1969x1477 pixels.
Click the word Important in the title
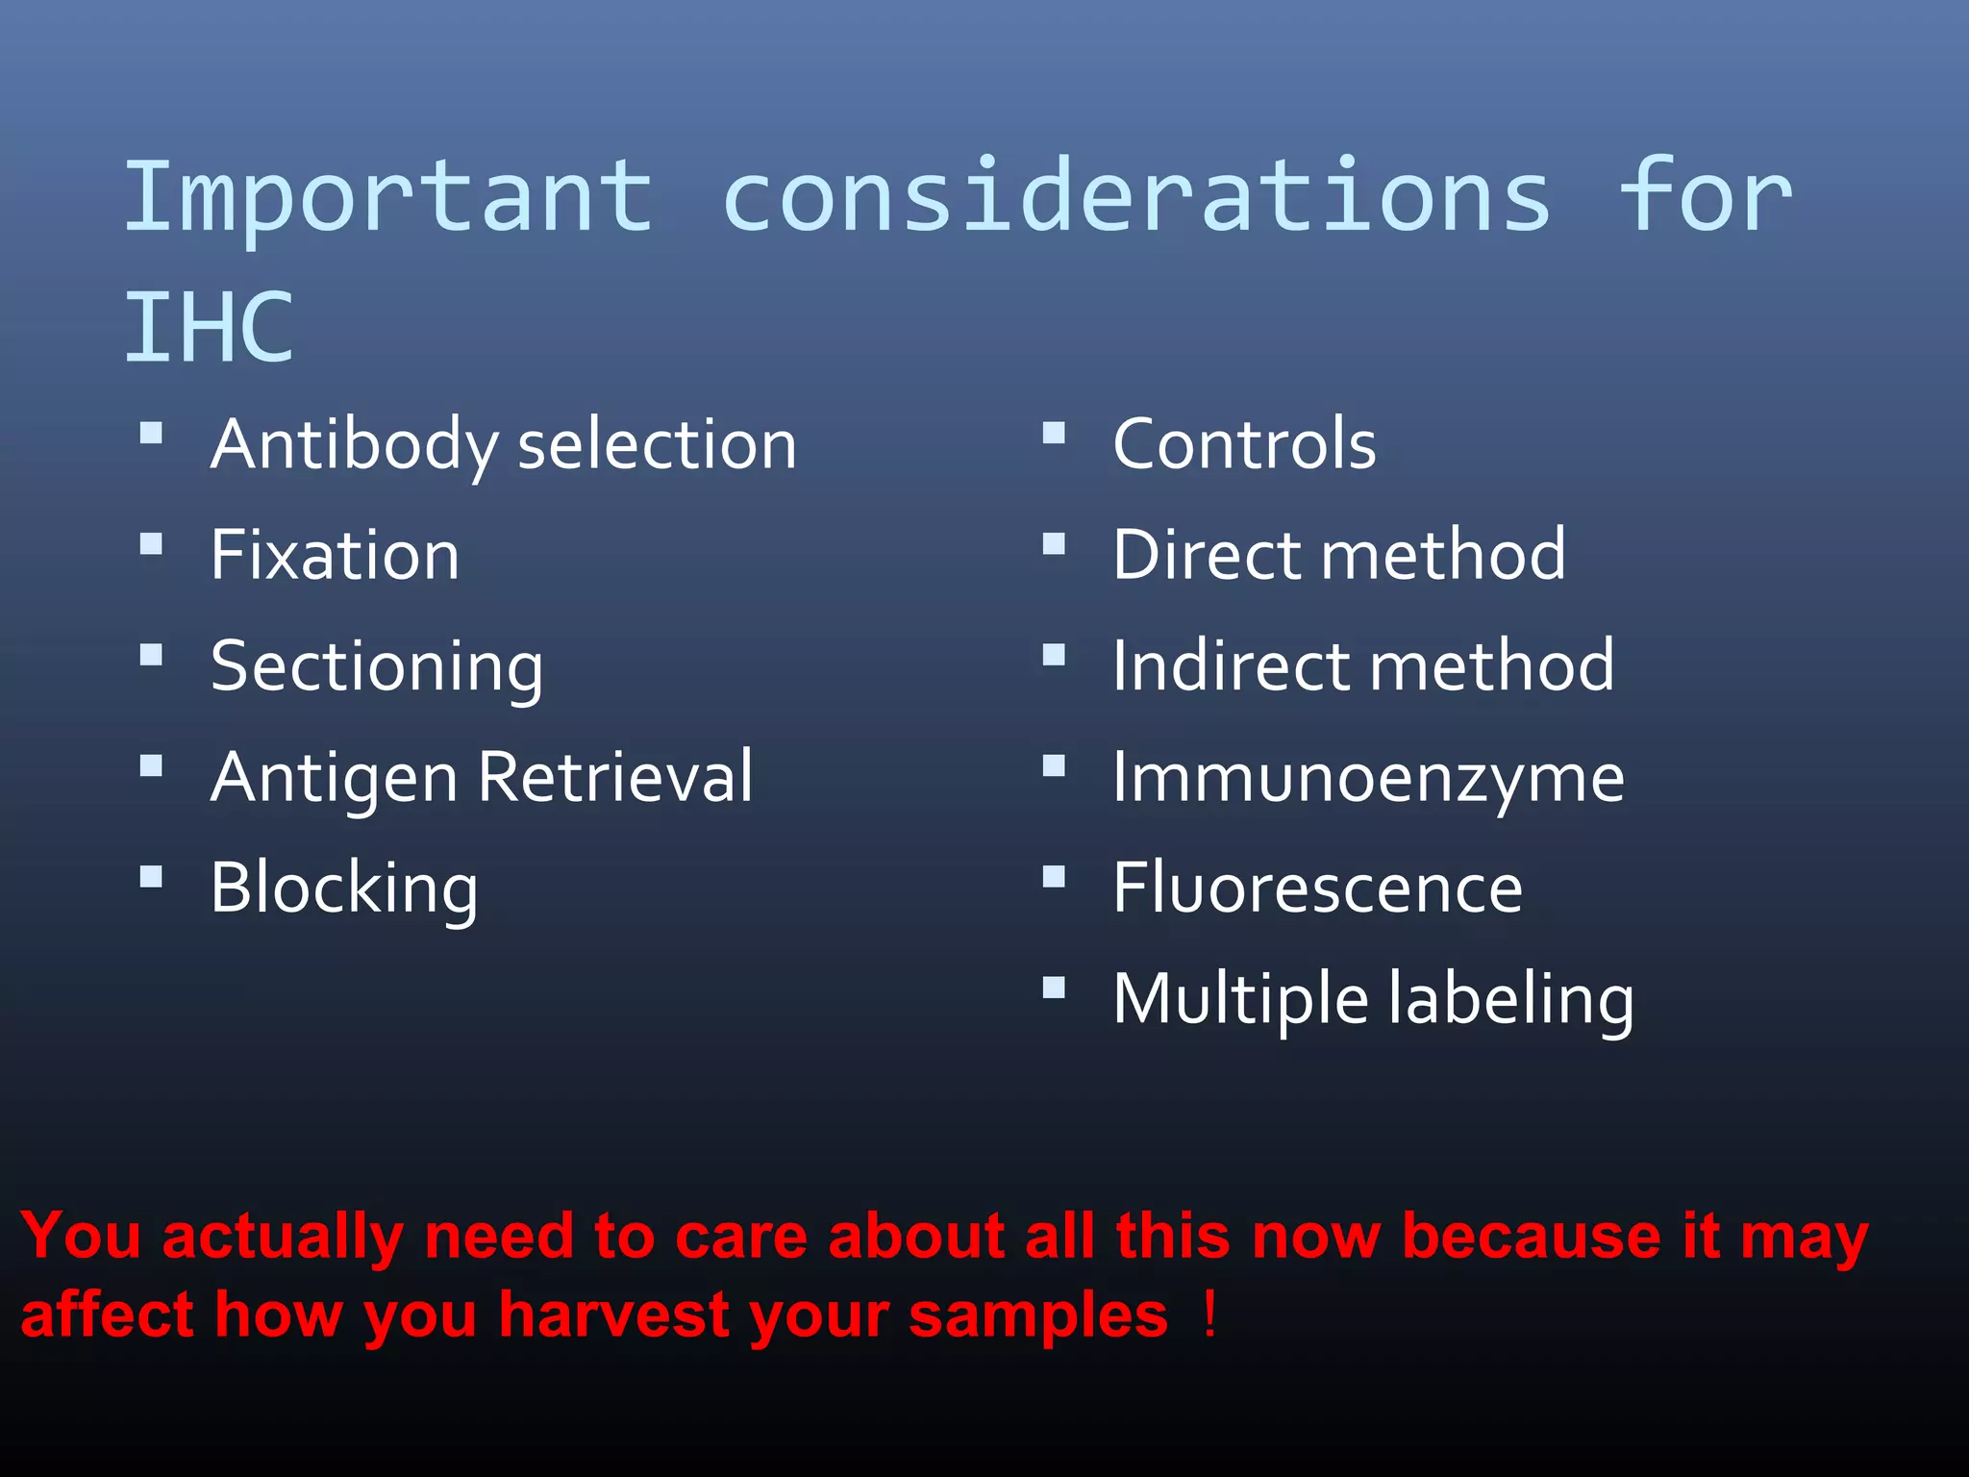pyautogui.click(x=388, y=199)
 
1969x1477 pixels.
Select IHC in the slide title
pyautogui.click(x=209, y=328)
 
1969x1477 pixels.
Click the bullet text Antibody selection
pyautogui.click(x=503, y=445)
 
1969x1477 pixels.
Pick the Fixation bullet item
pyautogui.click(x=335, y=556)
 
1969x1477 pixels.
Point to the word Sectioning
pyautogui.click(x=376, y=667)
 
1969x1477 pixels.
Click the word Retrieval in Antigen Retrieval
pyautogui.click(x=615, y=777)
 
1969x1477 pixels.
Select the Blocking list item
pyautogui.click(x=343, y=889)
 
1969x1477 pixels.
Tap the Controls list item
pyautogui.click(x=1244, y=445)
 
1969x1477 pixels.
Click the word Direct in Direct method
pyautogui.click(x=1208, y=556)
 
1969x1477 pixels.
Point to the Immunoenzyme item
pyautogui.click(x=1367, y=778)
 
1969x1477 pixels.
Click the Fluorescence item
pyautogui.click(x=1317, y=889)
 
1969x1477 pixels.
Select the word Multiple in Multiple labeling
pyautogui.click(x=1240, y=1000)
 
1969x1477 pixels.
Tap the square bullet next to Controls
pyautogui.click(x=1054, y=434)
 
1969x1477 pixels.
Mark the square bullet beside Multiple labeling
pyautogui.click(x=1054, y=988)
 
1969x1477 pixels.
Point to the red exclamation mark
pyautogui.click(x=1209, y=1314)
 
